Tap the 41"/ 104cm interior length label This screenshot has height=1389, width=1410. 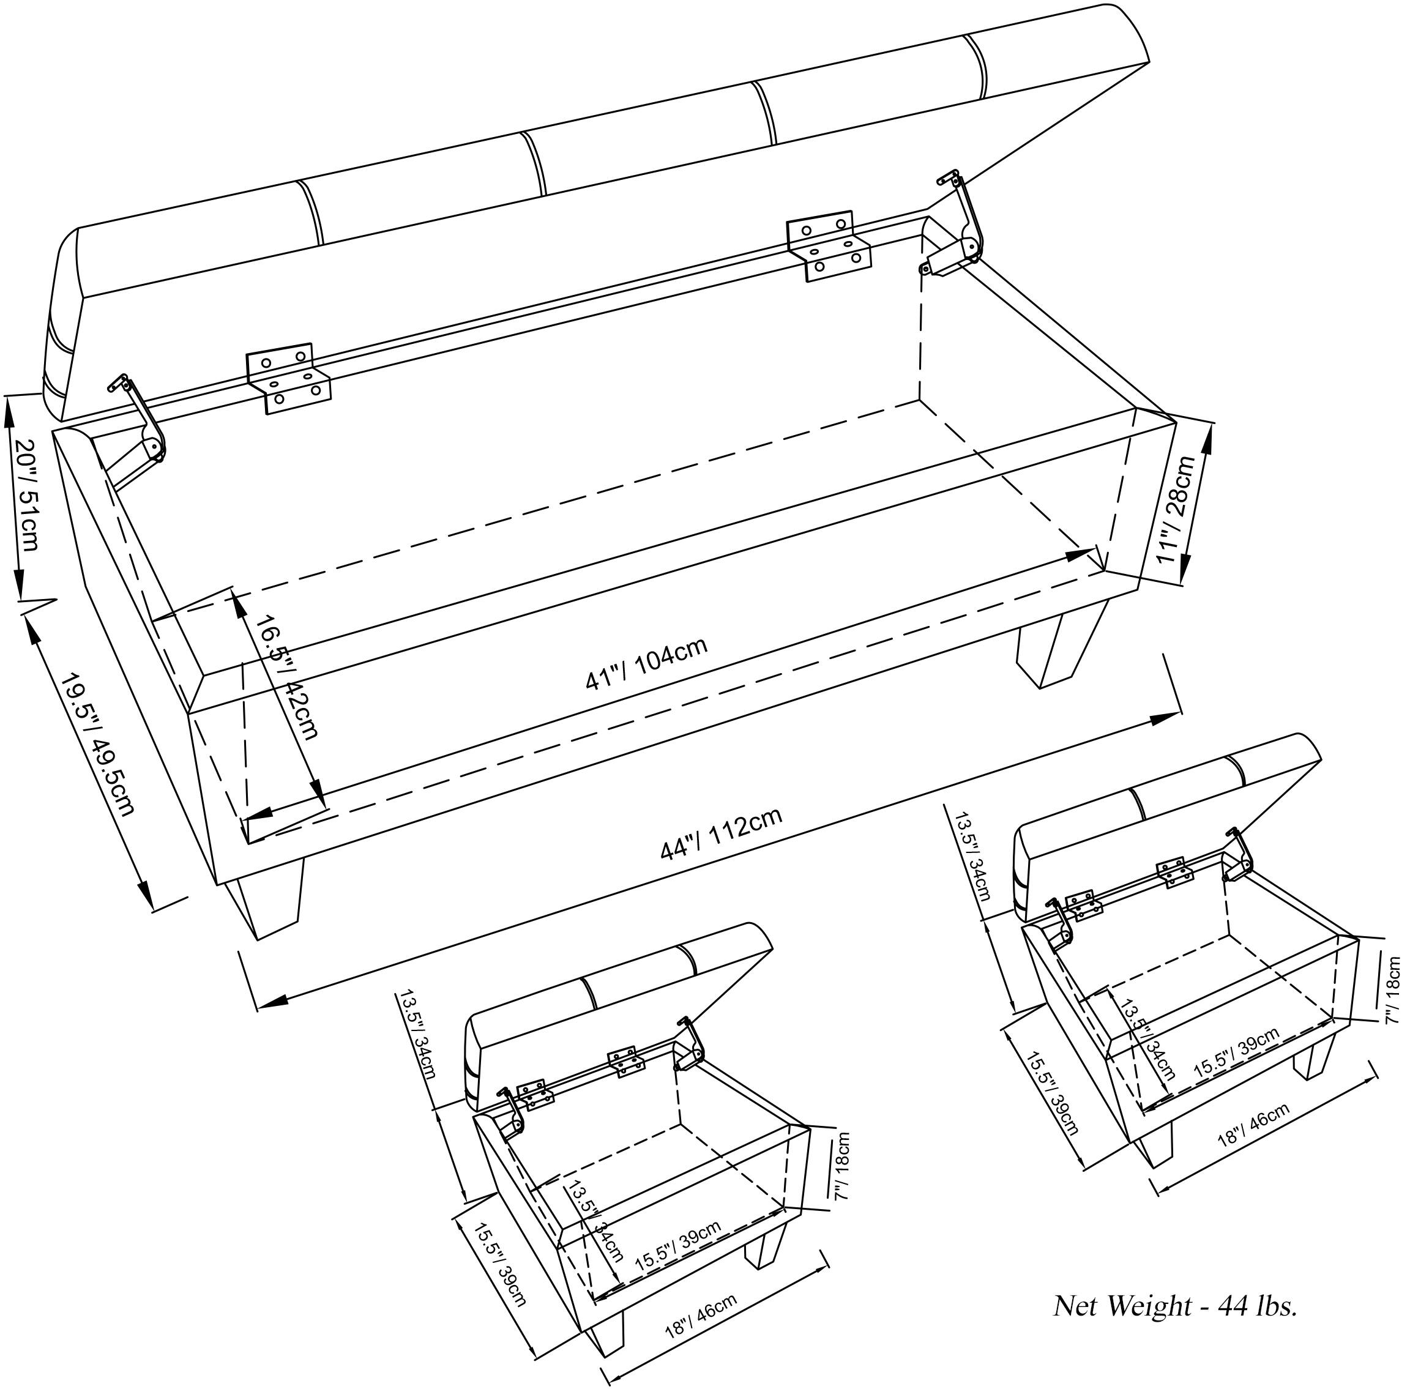646,665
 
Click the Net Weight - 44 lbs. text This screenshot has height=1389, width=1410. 1175,1305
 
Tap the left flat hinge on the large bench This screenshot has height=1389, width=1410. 288,379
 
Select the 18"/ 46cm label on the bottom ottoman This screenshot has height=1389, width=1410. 700,1314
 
